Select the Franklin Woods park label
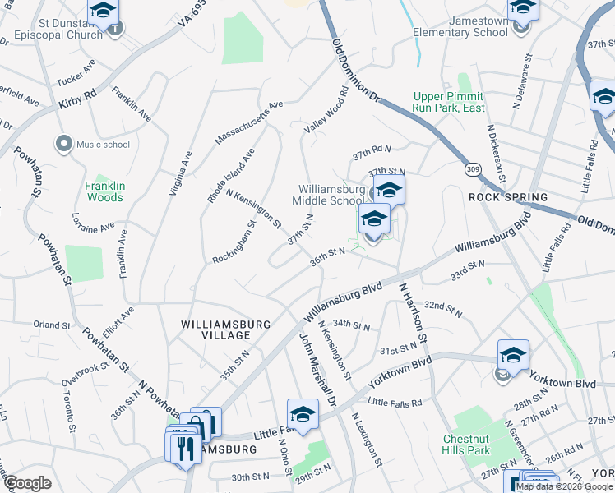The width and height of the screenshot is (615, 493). tap(104, 191)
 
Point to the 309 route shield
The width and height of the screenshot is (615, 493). tap(472, 168)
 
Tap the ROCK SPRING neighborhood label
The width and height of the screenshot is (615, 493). tap(508, 198)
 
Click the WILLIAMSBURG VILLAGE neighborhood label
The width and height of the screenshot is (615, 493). tap(226, 329)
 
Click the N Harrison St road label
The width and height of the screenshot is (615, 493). tap(413, 313)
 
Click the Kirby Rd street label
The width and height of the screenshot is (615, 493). tap(78, 99)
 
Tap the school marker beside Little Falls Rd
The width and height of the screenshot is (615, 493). tap(303, 415)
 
